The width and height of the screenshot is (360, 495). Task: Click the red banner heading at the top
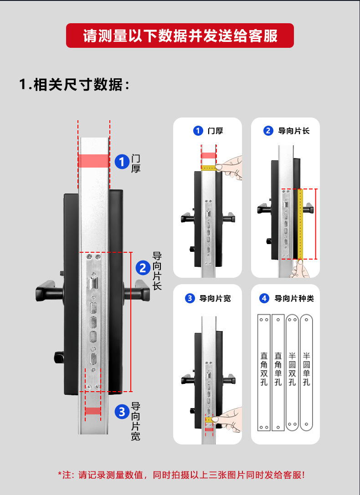[x=180, y=36]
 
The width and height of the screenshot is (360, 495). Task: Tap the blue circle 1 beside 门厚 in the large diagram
[x=122, y=162]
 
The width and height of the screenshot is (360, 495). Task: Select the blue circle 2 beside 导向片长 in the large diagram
[x=143, y=268]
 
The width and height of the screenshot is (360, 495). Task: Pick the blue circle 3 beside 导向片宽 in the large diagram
[x=122, y=412]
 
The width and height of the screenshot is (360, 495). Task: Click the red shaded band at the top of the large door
[x=93, y=161]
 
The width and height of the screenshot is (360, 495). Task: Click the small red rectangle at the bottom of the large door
[x=93, y=411]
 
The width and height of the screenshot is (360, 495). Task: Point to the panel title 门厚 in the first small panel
[x=215, y=131]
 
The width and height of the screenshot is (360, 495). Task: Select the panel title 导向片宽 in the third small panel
[x=215, y=299]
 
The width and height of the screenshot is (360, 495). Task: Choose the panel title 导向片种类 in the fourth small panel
[x=294, y=299]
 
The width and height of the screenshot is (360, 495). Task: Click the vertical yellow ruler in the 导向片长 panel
[x=300, y=223]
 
